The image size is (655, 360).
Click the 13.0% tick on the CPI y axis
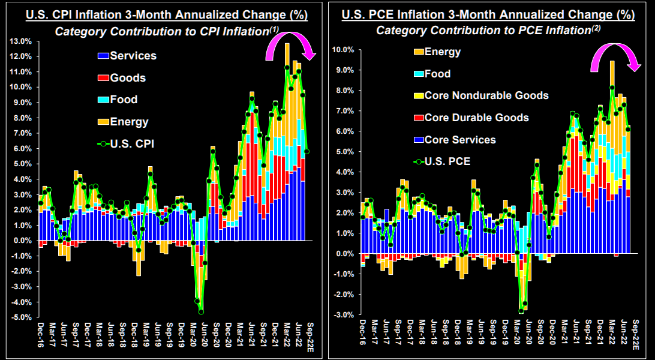pyautogui.click(x=22, y=41)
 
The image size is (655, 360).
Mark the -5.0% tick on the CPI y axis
pyautogui.click(x=21, y=317)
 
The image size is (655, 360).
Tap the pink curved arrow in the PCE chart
pyautogui.click(x=614, y=54)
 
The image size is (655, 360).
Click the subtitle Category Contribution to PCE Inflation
pyautogui.click(x=487, y=30)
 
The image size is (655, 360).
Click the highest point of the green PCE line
pyautogui.click(x=612, y=88)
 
